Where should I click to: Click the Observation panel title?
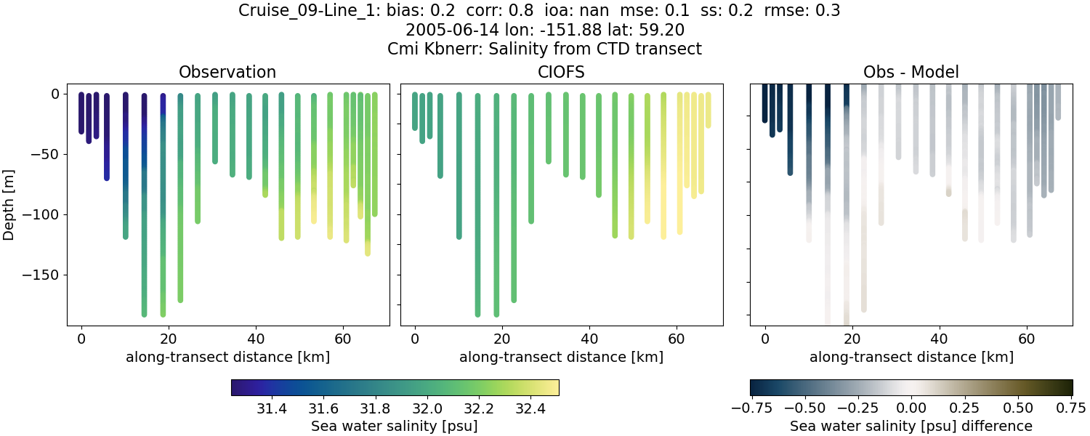pos(227,72)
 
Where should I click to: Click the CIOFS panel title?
pos(561,72)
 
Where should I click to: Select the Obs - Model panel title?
pos(911,72)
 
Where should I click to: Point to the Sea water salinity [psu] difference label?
pos(911,426)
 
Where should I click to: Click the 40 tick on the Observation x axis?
pos(256,339)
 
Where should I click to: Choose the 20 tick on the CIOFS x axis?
pos(501,339)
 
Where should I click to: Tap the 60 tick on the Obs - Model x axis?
pos(1027,339)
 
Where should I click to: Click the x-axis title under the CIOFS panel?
pos(561,357)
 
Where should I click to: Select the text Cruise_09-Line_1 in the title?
pos(298,11)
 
